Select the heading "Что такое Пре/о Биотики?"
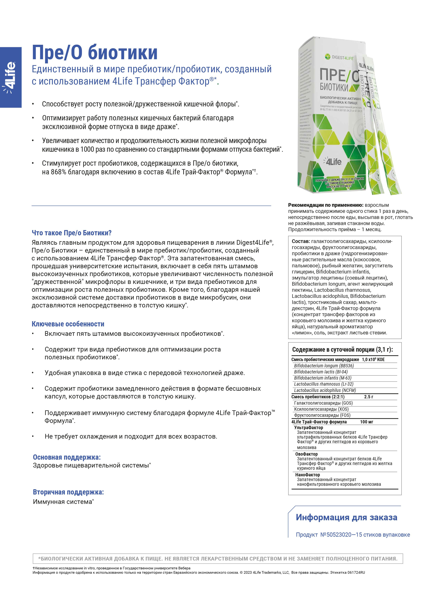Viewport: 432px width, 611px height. pos(71,233)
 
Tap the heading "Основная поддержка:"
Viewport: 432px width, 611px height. pos(67,457)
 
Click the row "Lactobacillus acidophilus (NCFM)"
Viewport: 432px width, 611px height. pos(325,390)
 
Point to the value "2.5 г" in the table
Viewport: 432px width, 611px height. pos(368,397)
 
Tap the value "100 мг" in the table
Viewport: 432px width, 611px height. pos(367,422)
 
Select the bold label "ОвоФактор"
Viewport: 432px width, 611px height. pos(306,454)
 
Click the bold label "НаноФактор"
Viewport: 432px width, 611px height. pos(307,475)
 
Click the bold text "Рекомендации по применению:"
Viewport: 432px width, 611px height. pos(326,205)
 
